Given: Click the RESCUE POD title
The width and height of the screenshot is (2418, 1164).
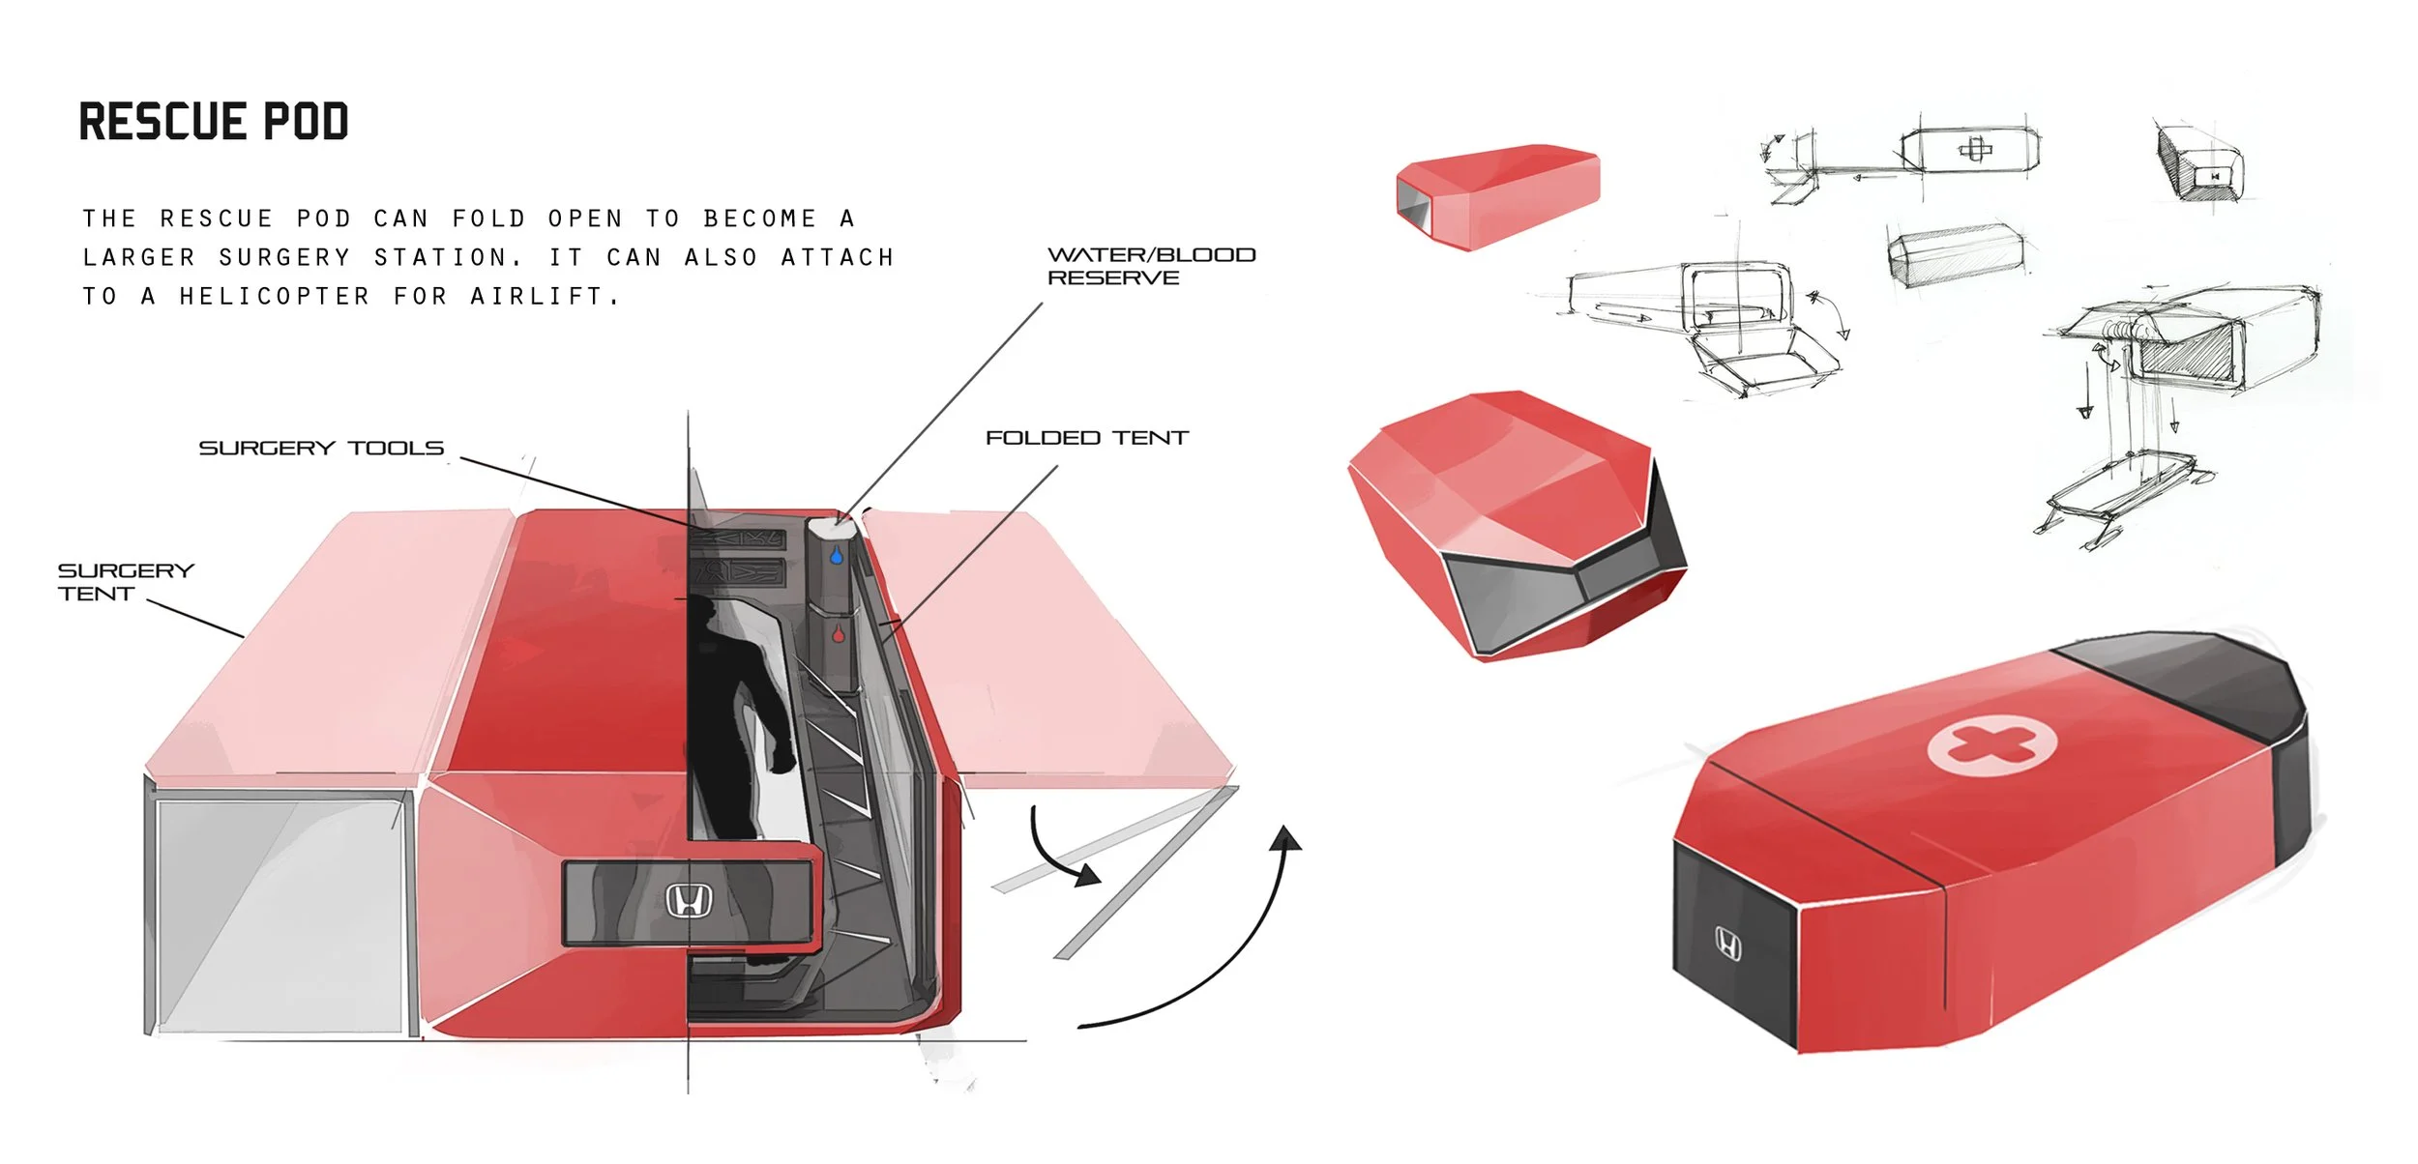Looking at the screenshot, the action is pyautogui.click(x=214, y=122).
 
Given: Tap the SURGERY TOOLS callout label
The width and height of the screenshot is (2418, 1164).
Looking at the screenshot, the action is pyautogui.click(x=321, y=449).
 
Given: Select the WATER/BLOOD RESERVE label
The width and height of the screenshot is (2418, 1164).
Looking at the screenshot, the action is pyautogui.click(x=1151, y=266).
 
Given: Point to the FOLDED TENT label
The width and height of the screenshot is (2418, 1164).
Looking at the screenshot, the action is pyautogui.click(x=1086, y=438).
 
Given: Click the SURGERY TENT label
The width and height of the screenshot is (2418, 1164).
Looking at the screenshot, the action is pyautogui.click(x=125, y=582).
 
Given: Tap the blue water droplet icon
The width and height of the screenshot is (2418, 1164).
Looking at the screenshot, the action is pyautogui.click(x=836, y=557).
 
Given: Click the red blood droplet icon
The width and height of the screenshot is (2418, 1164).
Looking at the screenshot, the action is pyautogui.click(x=838, y=634).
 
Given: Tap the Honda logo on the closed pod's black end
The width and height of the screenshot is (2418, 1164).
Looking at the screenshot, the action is pyautogui.click(x=1728, y=943).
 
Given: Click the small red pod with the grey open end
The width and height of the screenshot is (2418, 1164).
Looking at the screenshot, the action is pyautogui.click(x=1497, y=193).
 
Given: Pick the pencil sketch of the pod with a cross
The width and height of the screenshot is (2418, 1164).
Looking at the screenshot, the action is pyautogui.click(x=1970, y=151).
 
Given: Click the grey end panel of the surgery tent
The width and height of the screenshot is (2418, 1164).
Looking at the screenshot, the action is pyautogui.click(x=278, y=914).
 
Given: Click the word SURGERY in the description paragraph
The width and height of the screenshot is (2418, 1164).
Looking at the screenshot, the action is pyautogui.click(x=284, y=258).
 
